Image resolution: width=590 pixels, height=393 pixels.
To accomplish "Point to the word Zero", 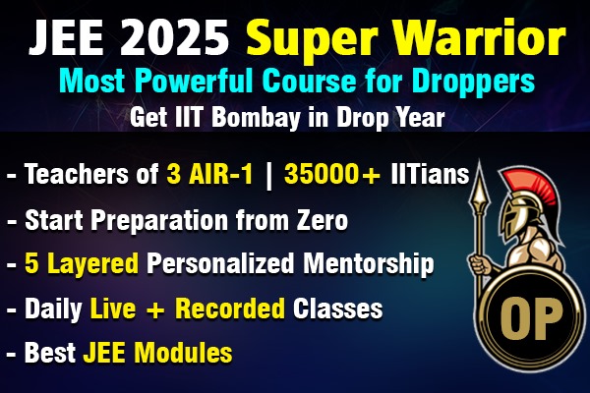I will click(x=317, y=221).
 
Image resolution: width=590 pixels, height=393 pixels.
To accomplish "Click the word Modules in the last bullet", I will click(x=187, y=351).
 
